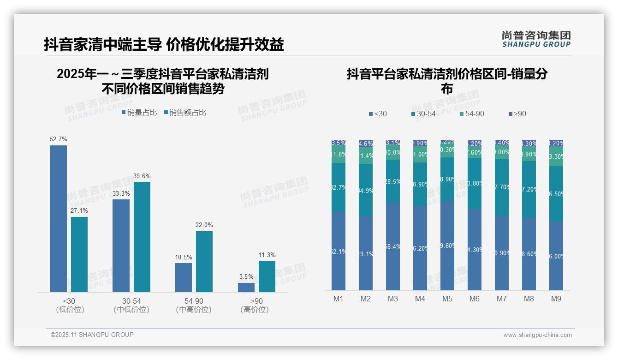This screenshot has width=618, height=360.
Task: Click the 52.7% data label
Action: point(59,139)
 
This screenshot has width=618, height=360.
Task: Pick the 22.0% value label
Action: point(204,225)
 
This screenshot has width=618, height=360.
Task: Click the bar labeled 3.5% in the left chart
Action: point(246,287)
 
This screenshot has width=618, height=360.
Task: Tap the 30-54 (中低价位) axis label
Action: point(131,305)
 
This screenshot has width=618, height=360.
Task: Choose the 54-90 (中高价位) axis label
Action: point(194,305)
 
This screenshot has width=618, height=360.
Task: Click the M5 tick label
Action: point(447,299)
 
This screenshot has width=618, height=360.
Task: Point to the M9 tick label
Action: point(556,299)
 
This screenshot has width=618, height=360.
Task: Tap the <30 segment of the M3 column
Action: point(393,246)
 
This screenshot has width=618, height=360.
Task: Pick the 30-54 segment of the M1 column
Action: point(339,187)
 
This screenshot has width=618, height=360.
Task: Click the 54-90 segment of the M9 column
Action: point(556,156)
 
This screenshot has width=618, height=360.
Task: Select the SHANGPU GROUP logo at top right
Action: point(536,39)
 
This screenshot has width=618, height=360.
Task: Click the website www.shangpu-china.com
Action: point(537,335)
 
